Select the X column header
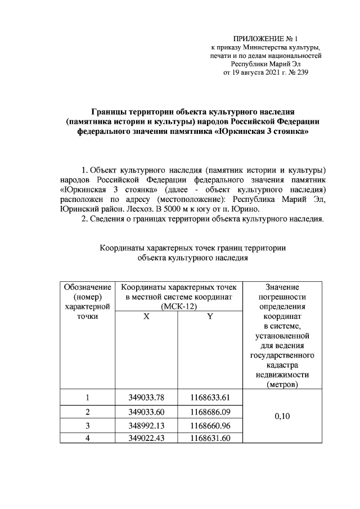coord(146,317)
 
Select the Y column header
coord(210,317)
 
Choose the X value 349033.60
coord(146,412)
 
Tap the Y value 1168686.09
coord(210,412)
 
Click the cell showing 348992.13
coord(146,425)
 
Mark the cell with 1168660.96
coord(210,425)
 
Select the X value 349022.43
coord(146,438)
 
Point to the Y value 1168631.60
coord(210,438)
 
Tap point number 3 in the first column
coord(87,425)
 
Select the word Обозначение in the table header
coord(87,286)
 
